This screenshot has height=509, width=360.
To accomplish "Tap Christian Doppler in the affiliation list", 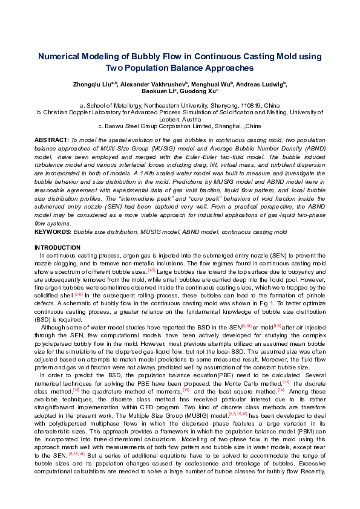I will point(67,112).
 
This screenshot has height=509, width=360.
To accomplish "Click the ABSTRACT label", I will point(51,139).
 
